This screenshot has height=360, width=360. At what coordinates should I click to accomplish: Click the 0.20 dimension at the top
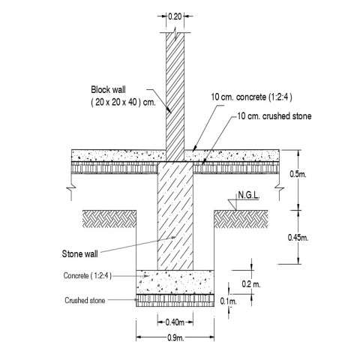(175, 16)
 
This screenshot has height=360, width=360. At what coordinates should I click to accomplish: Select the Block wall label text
(108, 89)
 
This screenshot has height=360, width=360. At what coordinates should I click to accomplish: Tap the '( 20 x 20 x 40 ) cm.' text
(123, 103)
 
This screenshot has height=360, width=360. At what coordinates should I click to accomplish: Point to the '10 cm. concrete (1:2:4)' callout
(251, 97)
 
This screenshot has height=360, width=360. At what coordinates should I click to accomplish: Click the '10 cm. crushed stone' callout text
(274, 116)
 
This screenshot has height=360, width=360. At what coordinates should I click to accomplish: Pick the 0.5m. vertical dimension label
(298, 174)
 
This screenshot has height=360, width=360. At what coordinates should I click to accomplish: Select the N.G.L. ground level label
(248, 195)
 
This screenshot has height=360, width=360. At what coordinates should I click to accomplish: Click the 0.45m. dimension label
(298, 238)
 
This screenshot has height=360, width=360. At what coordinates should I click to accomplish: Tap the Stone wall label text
(79, 254)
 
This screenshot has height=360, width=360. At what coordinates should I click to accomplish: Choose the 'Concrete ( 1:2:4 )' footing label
(88, 275)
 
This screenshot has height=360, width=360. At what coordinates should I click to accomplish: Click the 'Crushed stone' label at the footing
(85, 300)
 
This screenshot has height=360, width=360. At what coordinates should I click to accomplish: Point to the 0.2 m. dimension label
(251, 284)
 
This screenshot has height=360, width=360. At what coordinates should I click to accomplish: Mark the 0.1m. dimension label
(228, 301)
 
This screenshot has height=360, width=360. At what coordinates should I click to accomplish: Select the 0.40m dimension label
(175, 322)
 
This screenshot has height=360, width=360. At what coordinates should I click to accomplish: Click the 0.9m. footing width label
(175, 338)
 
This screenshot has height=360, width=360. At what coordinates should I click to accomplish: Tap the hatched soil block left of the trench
(109, 219)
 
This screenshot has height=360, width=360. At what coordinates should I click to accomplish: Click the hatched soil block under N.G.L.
(241, 219)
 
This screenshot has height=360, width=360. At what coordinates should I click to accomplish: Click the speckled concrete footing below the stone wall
(175, 282)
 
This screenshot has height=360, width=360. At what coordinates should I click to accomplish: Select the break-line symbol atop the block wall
(175, 33)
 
